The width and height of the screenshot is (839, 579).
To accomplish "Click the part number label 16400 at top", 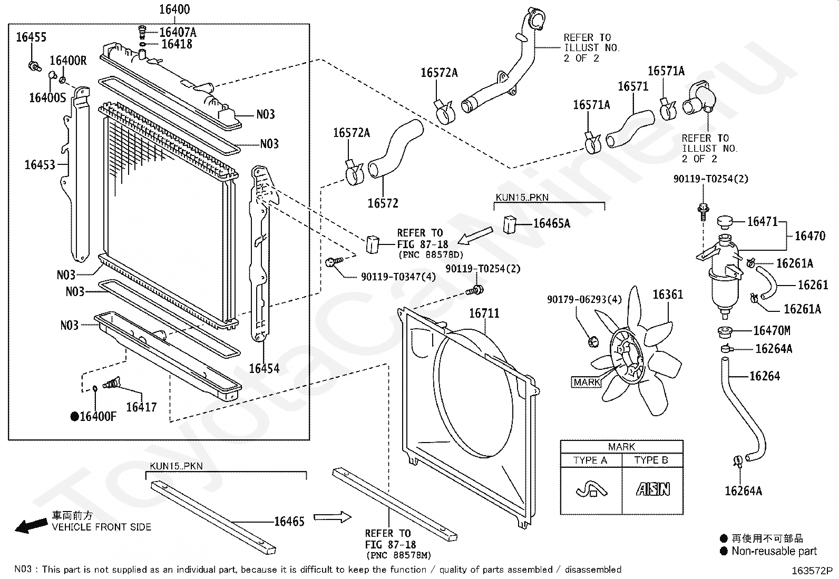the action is pyautogui.click(x=174, y=9).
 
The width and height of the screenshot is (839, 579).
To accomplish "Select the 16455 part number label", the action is pyautogui.click(x=31, y=37).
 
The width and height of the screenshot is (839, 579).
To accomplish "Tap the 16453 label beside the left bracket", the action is pyautogui.click(x=40, y=165).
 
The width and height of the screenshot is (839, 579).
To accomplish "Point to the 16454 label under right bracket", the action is pyautogui.click(x=265, y=368).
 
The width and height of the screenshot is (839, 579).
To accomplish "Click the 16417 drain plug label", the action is pyautogui.click(x=141, y=407).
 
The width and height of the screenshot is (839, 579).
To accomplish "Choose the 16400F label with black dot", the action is pyautogui.click(x=94, y=416).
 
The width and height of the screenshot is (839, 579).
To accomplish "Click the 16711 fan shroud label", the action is pyautogui.click(x=484, y=313).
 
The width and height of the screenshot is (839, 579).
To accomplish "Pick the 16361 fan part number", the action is pyautogui.click(x=668, y=295).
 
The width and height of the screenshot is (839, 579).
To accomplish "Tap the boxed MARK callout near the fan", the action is pyautogui.click(x=587, y=382).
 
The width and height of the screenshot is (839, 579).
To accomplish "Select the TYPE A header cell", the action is pyautogui.click(x=590, y=460).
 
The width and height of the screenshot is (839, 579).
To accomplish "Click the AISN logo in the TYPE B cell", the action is pyautogui.click(x=653, y=489).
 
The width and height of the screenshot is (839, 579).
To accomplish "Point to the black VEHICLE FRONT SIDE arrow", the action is pyautogui.click(x=32, y=525).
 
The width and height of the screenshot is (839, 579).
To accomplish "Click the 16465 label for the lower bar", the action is pyautogui.click(x=289, y=522).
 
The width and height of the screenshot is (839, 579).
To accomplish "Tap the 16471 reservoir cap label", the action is pyautogui.click(x=763, y=222).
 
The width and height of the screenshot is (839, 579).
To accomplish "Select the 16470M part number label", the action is pyautogui.click(x=772, y=331).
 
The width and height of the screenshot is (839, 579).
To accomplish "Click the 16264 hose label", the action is pyautogui.click(x=765, y=376).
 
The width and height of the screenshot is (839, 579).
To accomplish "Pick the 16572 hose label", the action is pyautogui.click(x=383, y=203).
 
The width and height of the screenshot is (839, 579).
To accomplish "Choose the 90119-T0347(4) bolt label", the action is pyautogui.click(x=398, y=277).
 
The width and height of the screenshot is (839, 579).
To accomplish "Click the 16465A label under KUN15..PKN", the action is pyautogui.click(x=552, y=223).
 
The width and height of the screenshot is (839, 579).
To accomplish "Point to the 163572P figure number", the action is pyautogui.click(x=812, y=571).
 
